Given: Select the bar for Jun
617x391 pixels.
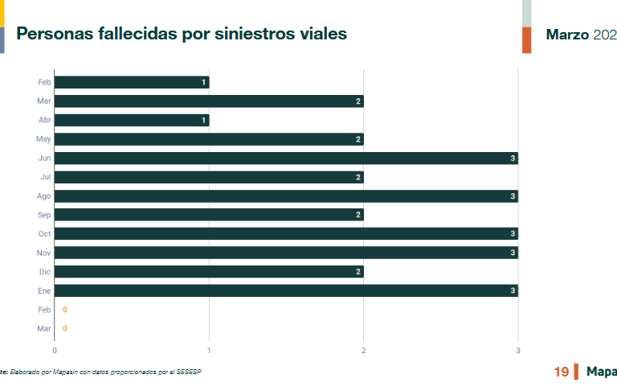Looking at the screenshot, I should pyautogui.click(x=286, y=158).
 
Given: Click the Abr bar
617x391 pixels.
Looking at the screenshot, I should pyautogui.click(x=132, y=121).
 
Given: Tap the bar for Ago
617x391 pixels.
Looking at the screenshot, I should pyautogui.click(x=286, y=196).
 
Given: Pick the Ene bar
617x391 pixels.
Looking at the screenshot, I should pyautogui.click(x=286, y=290).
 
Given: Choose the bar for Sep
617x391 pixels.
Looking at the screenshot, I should pyautogui.click(x=209, y=215).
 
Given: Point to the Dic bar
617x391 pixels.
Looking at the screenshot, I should pyautogui.click(x=209, y=272).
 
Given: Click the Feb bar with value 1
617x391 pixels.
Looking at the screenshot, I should pyautogui.click(x=132, y=82).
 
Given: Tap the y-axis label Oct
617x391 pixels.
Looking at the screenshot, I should pyautogui.click(x=44, y=234).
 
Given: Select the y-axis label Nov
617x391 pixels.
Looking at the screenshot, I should pyautogui.click(x=44, y=253).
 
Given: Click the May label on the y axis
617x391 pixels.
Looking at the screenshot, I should pyautogui.click(x=44, y=139).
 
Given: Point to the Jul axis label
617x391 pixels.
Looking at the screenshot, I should pyautogui.click(x=45, y=177).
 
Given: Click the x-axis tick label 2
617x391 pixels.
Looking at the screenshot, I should pyautogui.click(x=364, y=351).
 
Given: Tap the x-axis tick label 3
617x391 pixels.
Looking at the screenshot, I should pyautogui.click(x=518, y=351).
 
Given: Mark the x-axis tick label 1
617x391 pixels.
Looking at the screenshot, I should pyautogui.click(x=209, y=351).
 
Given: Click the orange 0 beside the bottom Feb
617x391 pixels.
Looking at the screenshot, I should pyautogui.click(x=64, y=310).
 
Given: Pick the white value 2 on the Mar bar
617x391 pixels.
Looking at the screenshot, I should pyautogui.click(x=358, y=101).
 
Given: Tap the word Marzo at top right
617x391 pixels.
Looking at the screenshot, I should pyautogui.click(x=567, y=35).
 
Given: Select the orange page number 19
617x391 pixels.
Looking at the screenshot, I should pyautogui.click(x=562, y=372).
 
